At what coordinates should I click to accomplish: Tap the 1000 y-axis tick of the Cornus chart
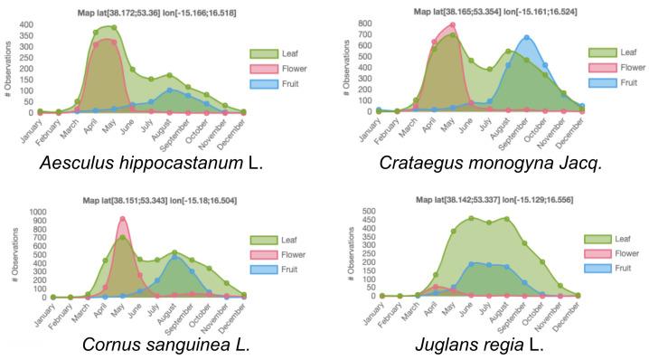38,212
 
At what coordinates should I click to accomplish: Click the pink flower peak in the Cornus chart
122,218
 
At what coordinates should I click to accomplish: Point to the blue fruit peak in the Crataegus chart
527,38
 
